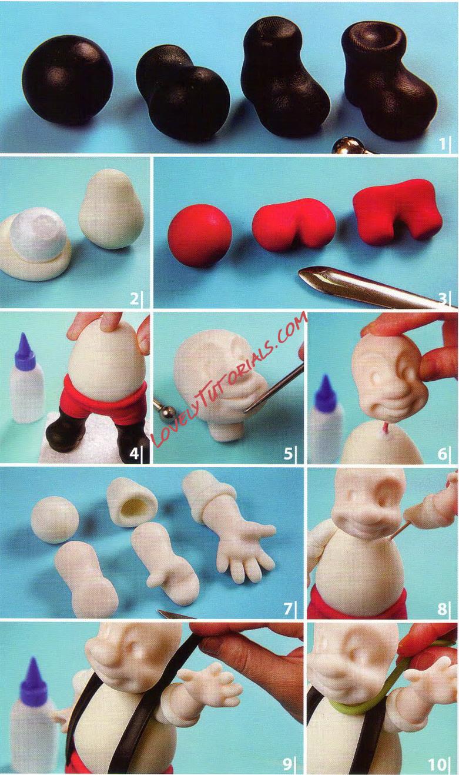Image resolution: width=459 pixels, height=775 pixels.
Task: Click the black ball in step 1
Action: [68, 79]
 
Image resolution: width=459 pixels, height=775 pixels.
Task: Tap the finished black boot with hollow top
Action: [390, 80]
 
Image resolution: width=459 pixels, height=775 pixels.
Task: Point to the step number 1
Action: [443, 143]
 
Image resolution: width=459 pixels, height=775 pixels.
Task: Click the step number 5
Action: [288, 453]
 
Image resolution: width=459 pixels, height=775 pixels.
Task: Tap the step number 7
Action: [288, 608]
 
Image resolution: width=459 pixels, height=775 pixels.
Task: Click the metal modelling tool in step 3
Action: [373, 287]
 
